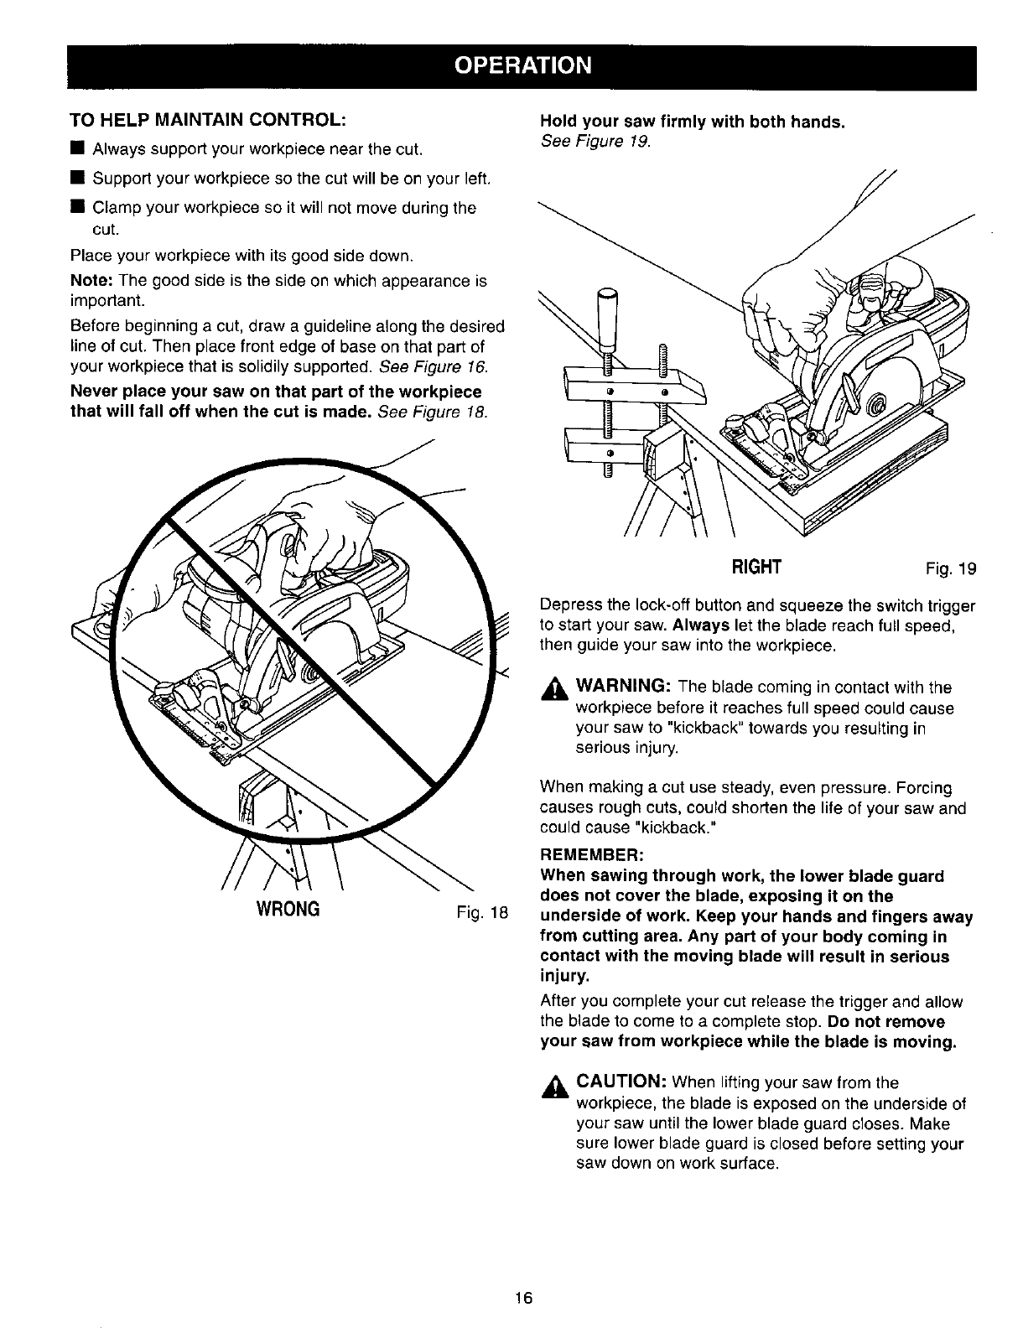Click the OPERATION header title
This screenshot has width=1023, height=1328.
pos(511,65)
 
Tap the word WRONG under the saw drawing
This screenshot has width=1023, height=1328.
pos(288,910)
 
